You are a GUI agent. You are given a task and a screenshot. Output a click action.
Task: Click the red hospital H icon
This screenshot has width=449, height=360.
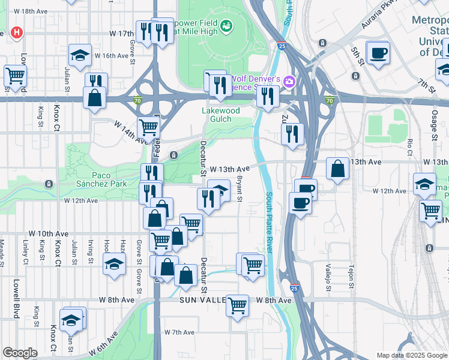17,32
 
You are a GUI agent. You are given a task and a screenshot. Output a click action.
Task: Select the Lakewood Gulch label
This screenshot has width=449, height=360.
220,115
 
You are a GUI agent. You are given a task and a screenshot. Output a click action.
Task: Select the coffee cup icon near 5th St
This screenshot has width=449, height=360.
378,53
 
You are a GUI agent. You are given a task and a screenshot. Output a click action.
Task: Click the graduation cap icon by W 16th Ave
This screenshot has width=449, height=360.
80,56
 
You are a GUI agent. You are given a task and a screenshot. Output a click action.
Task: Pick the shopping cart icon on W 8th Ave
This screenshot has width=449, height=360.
238,305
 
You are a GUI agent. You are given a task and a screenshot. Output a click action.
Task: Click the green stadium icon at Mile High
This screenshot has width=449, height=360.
226,25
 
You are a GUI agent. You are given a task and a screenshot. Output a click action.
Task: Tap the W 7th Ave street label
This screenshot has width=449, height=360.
179,332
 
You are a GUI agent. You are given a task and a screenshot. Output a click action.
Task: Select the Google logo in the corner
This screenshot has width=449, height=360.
20,353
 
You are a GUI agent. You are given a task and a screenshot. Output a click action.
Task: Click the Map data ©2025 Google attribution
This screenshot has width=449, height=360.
412,355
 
